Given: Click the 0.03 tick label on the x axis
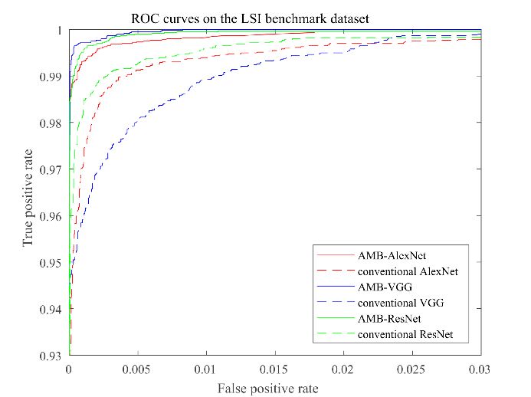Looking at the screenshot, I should point(481,369).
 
